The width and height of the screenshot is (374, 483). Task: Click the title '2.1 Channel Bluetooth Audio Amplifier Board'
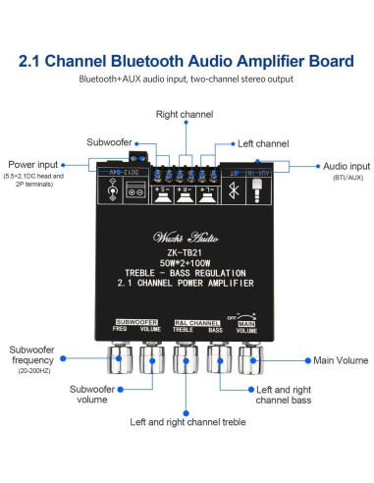[x=187, y=62]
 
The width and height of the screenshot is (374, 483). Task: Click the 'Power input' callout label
[x=33, y=164]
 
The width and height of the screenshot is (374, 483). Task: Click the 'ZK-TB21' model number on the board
[x=186, y=249]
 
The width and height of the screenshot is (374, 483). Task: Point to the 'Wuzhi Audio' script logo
[x=186, y=234]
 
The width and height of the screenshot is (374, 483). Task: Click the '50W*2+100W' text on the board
[x=186, y=261]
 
